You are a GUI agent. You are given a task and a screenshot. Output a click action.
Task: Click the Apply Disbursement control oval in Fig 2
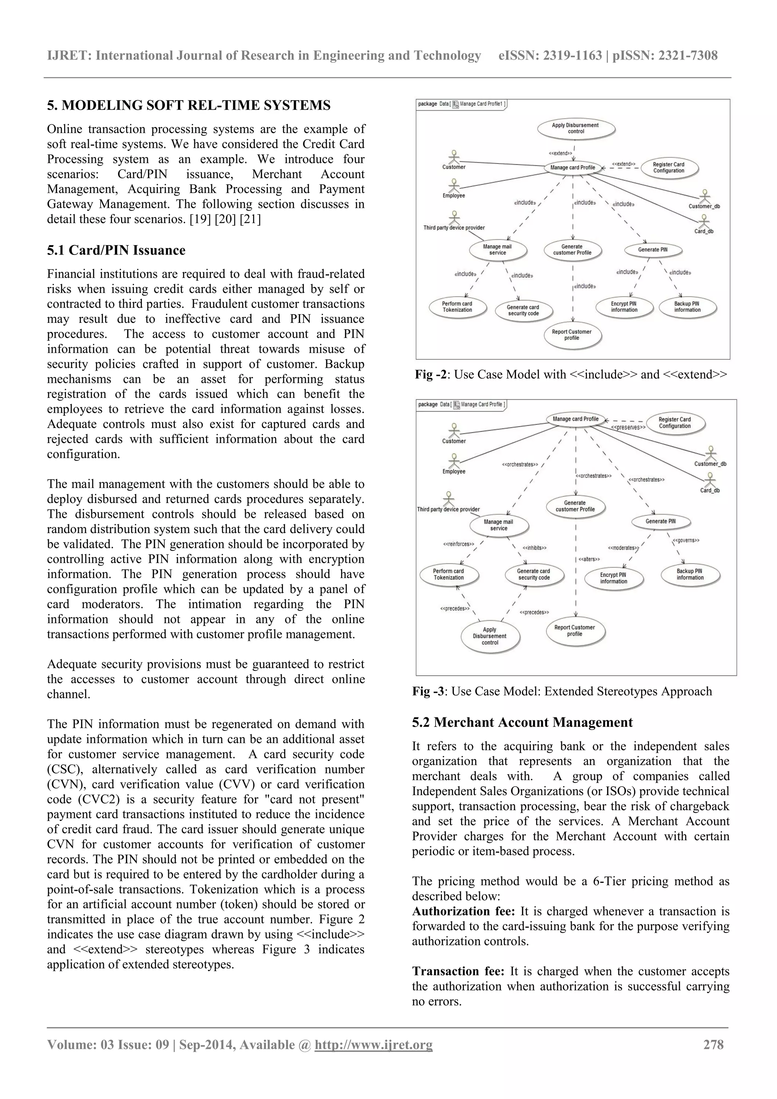pyautogui.click(x=576, y=128)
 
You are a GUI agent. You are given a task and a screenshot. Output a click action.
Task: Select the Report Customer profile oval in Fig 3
pyautogui.click(x=575, y=631)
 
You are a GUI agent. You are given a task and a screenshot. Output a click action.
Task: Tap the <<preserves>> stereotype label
pyautogui.click(x=628, y=427)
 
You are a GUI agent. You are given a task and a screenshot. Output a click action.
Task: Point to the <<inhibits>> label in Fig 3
pyautogui.click(x=534, y=547)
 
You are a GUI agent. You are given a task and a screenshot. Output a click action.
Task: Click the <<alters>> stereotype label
pyautogui.click(x=589, y=559)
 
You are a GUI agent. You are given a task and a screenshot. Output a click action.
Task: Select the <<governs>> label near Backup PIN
pyautogui.click(x=686, y=541)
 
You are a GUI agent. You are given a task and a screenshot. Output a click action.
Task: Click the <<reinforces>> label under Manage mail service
pyautogui.click(x=459, y=544)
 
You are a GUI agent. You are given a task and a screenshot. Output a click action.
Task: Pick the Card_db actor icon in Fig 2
pyautogui.click(x=703, y=221)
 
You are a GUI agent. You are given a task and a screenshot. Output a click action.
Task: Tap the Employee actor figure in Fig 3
pyautogui.click(x=454, y=460)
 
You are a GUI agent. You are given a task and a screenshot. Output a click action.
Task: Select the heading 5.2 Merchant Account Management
pyautogui.click(x=522, y=722)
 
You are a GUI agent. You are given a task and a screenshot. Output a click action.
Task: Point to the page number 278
pyautogui.click(x=713, y=1044)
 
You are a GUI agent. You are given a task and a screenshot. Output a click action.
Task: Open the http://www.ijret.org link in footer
pyautogui.click(x=373, y=1044)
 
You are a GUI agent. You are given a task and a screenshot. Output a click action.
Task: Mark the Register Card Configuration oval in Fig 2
pyautogui.click(x=668, y=168)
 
